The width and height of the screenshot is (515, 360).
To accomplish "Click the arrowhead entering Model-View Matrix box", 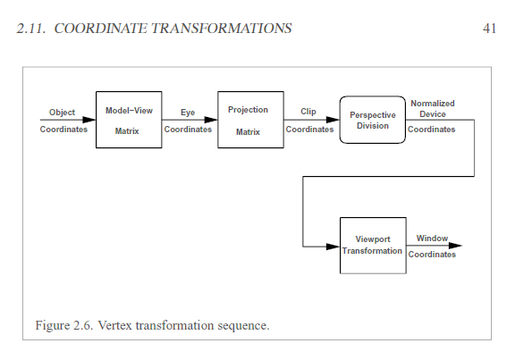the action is [x=89, y=120].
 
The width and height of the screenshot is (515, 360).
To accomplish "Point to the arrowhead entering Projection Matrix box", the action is [x=211, y=120].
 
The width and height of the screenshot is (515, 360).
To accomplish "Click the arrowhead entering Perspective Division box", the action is [x=333, y=120].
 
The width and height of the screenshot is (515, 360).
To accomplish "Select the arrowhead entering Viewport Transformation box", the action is [x=333, y=247].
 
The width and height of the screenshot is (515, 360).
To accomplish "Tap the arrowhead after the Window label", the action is [x=456, y=246].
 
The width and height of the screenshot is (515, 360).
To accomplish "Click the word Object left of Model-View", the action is [x=62, y=113].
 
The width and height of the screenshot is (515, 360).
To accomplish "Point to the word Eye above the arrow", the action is [x=188, y=113].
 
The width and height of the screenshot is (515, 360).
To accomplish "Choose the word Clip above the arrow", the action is [x=308, y=112].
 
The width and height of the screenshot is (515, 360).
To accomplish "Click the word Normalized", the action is [x=433, y=104].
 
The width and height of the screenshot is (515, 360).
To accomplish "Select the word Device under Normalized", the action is [x=433, y=114].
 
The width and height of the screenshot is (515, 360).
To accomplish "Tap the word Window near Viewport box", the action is [x=432, y=239].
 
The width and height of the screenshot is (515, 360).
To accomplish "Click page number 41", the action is [x=489, y=29].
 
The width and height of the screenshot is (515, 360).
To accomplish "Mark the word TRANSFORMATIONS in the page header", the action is [x=222, y=29].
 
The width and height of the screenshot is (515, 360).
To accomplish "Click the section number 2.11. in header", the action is [x=31, y=29].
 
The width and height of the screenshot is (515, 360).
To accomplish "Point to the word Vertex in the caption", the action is [x=115, y=325].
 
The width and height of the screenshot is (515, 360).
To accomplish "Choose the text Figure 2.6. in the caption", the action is [x=64, y=326].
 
